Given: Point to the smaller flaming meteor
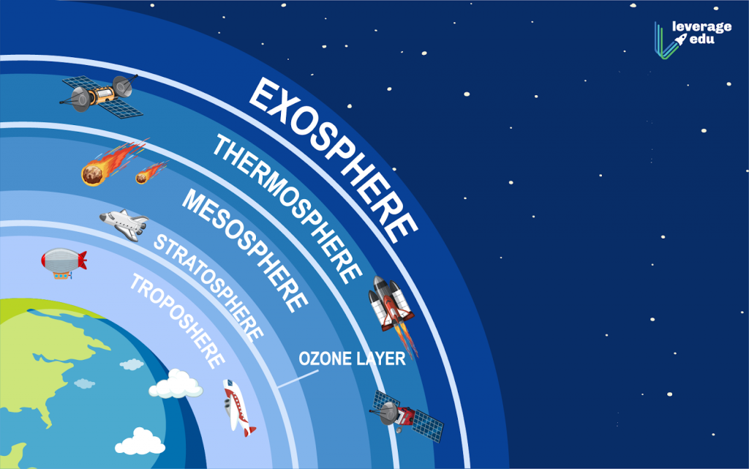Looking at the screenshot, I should [149, 174].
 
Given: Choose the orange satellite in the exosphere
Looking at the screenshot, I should [98, 96].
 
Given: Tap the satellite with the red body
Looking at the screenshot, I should [407, 416].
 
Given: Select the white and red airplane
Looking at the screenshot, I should [238, 407].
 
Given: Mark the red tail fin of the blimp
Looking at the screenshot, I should [81, 259].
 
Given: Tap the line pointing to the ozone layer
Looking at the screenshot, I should [300, 377].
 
